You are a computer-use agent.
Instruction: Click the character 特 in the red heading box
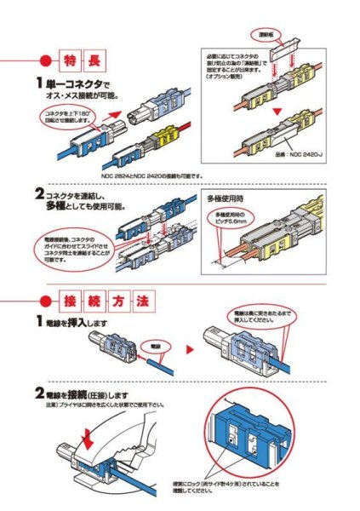coord(70,60)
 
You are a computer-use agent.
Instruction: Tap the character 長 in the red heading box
coord(95,60)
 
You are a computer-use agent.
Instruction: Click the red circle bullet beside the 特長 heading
coord(45,60)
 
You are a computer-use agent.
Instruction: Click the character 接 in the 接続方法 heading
coord(70,301)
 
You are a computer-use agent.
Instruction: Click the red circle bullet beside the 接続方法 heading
coord(45,301)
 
